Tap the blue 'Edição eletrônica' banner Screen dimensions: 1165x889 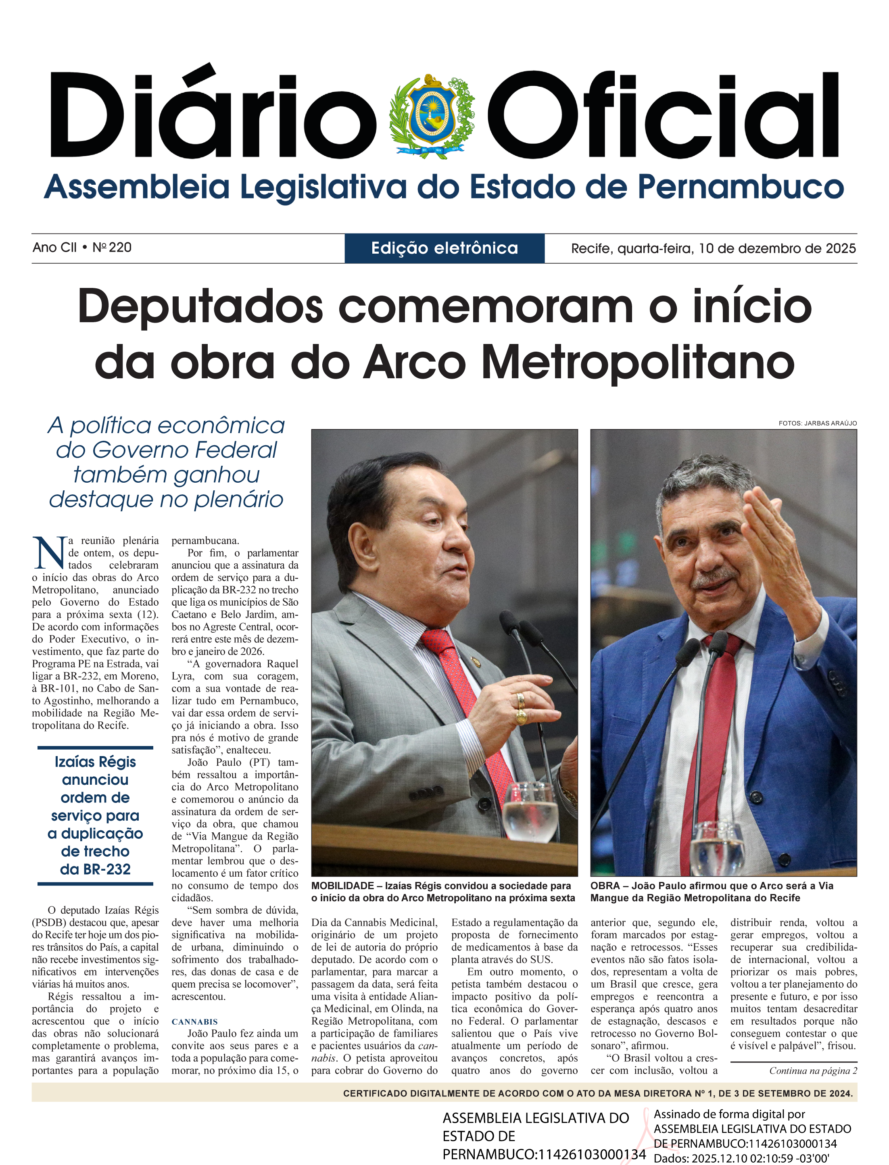[444, 248]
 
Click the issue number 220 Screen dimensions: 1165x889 [120, 248]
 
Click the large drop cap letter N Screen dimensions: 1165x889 [49, 553]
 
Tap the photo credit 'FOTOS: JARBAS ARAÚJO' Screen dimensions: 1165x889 [817, 423]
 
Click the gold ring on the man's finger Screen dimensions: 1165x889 [521, 717]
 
